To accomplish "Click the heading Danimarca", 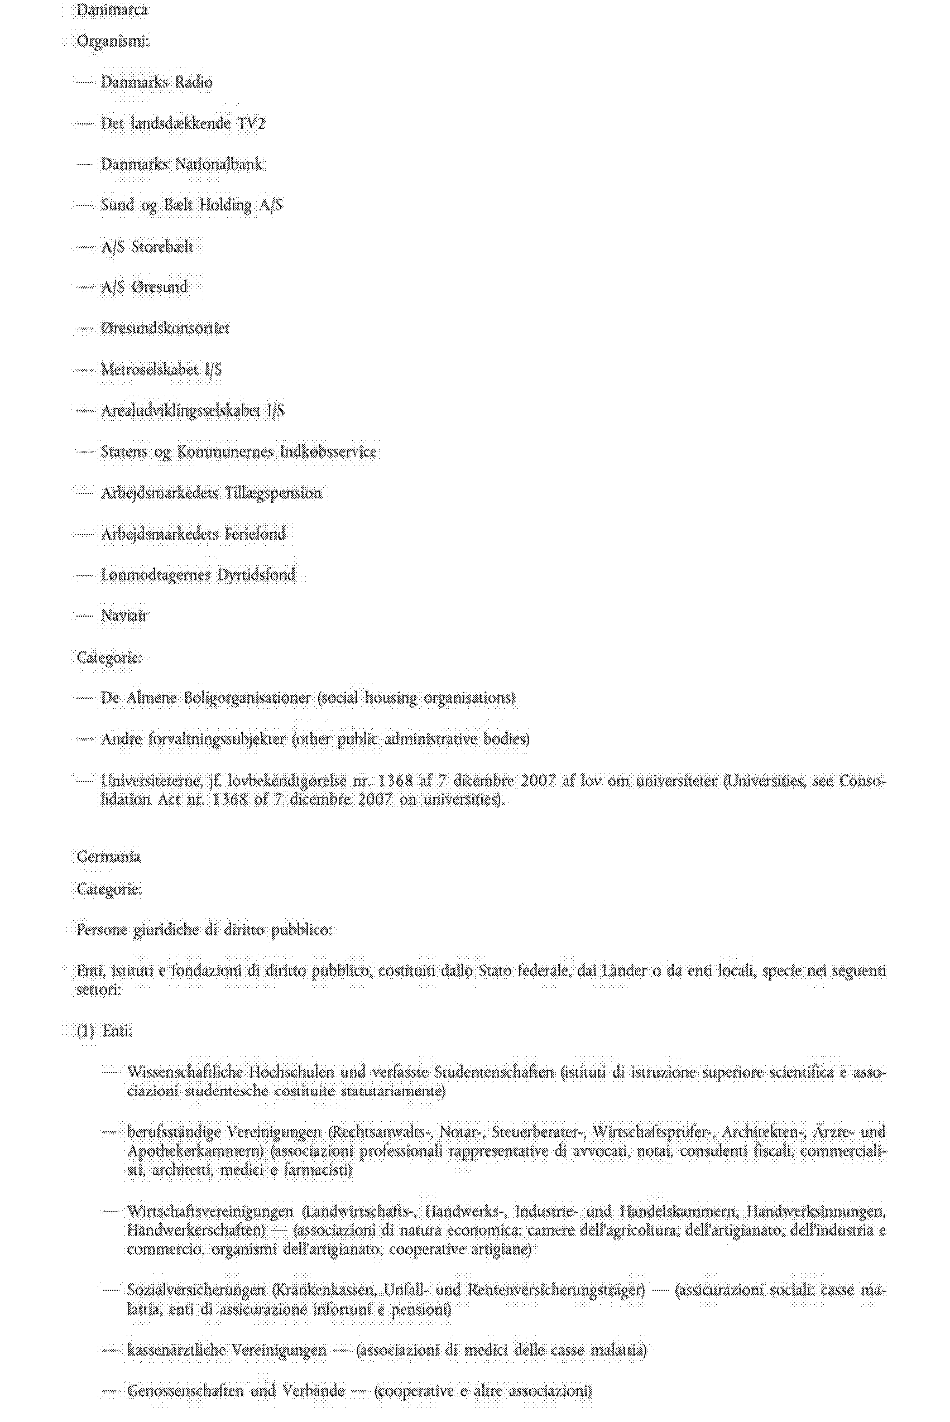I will click(x=112, y=10).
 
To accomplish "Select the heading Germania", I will click(x=108, y=856).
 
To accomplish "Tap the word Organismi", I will click(x=112, y=42).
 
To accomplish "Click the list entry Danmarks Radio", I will click(x=156, y=83).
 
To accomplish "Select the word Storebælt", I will click(x=162, y=247).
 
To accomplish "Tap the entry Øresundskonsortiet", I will click(x=165, y=328).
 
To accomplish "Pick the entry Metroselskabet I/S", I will click(x=161, y=369).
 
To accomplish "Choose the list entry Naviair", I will click(x=124, y=616).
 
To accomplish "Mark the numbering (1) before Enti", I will click(x=85, y=1031).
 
